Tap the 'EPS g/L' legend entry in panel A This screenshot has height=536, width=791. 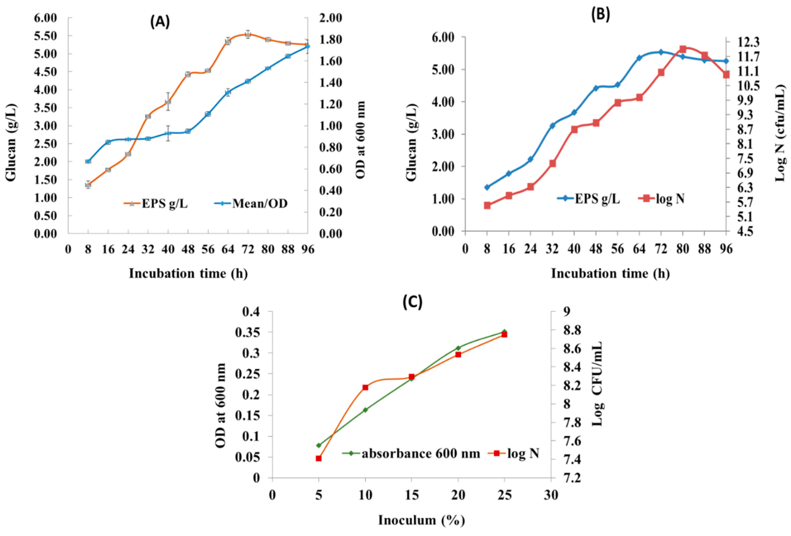coord(155,204)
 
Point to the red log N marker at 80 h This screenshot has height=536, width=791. coord(683,49)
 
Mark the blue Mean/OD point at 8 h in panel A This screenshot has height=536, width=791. coord(88,161)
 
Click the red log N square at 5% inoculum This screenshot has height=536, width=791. coord(319,458)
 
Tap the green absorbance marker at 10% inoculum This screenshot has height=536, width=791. coord(365,410)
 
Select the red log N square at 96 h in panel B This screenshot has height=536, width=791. coord(726,75)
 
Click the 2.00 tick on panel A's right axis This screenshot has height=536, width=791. coord(330,18)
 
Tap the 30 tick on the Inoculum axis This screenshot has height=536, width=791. coord(551,495)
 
